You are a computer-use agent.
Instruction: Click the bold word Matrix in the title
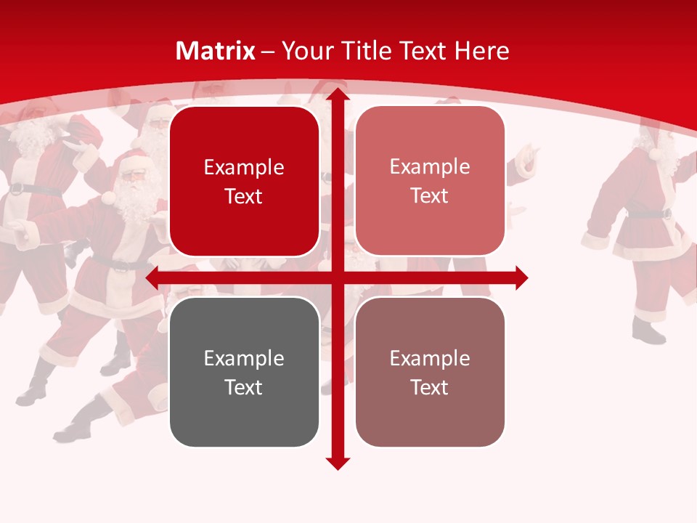[x=216, y=51]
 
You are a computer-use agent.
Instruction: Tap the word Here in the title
[x=481, y=51]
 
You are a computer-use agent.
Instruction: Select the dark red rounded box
[x=244, y=182]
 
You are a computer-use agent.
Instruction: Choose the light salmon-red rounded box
[x=430, y=182]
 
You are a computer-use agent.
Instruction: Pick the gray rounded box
[x=244, y=372]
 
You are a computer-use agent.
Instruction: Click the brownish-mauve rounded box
[x=430, y=372]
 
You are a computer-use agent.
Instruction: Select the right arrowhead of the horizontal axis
[x=521, y=277]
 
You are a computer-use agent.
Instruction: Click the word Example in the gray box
[x=244, y=358]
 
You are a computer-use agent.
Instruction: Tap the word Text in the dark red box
[x=244, y=197]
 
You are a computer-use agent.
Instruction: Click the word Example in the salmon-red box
[x=430, y=166]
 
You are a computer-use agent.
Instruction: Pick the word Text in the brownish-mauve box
[x=430, y=388]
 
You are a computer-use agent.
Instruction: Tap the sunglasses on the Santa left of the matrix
[x=134, y=176]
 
